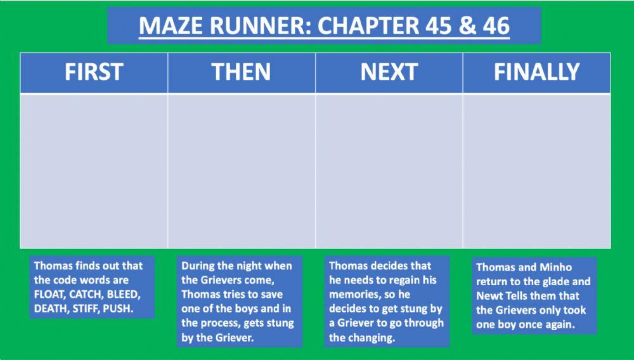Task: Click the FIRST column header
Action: [94, 73]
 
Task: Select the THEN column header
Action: [242, 73]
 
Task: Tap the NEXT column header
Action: [389, 73]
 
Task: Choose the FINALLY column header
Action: [536, 73]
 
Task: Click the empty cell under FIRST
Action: [94, 171]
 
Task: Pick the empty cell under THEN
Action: [242, 171]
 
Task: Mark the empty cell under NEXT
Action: [389, 171]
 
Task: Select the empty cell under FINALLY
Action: [536, 171]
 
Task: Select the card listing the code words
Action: [93, 288]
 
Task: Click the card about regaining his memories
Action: [387, 302]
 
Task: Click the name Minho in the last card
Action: [556, 267]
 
